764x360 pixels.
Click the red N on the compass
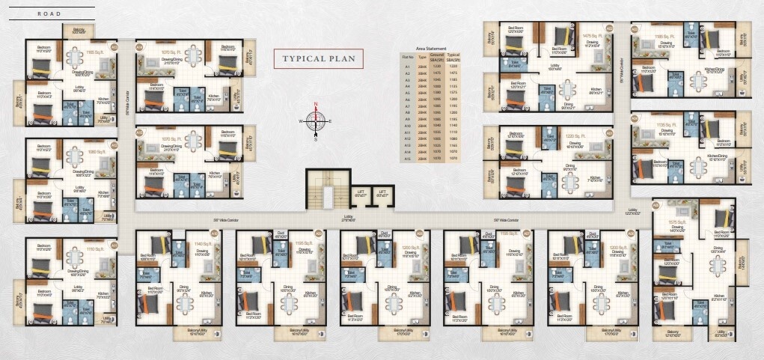coord(317,105)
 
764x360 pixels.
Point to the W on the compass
coord(302,120)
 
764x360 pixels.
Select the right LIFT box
coord(383,192)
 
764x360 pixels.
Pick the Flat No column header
coord(408,56)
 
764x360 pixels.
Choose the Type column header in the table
coord(421,56)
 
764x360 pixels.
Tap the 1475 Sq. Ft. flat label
coord(593,35)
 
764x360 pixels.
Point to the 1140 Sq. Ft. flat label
coord(204,243)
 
